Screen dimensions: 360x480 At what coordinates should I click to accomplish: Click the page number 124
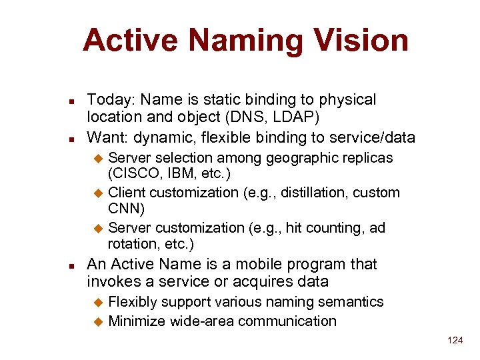pos(455,340)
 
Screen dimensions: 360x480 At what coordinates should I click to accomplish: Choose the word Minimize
pos(137,321)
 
